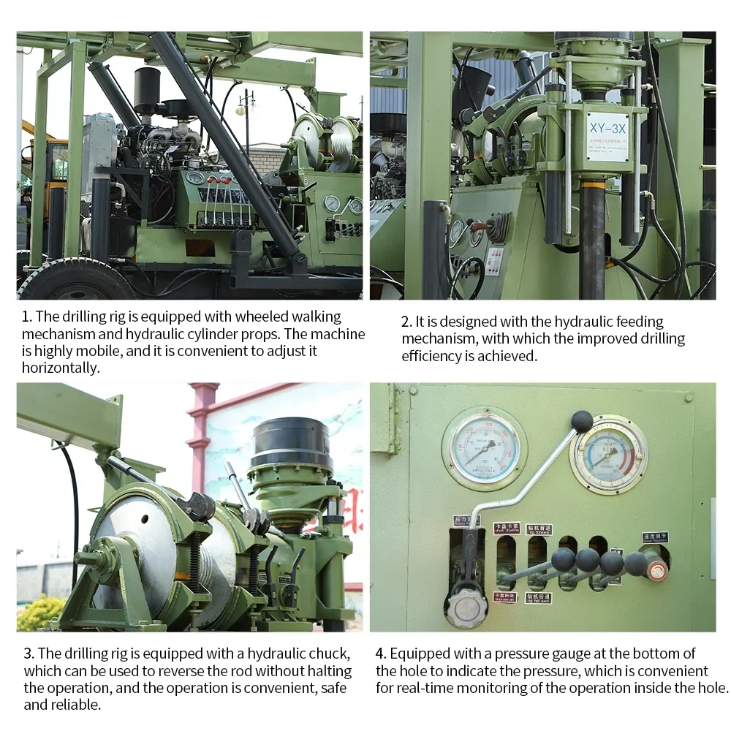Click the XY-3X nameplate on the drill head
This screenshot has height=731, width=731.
(x=607, y=136)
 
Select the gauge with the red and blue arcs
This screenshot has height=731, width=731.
(x=607, y=454)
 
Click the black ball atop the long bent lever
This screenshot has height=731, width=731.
(x=582, y=420)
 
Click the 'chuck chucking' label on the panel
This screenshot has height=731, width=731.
(x=507, y=527)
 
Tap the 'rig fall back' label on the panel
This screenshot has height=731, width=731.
(x=537, y=598)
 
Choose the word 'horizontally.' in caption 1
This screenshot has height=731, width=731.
(x=61, y=368)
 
